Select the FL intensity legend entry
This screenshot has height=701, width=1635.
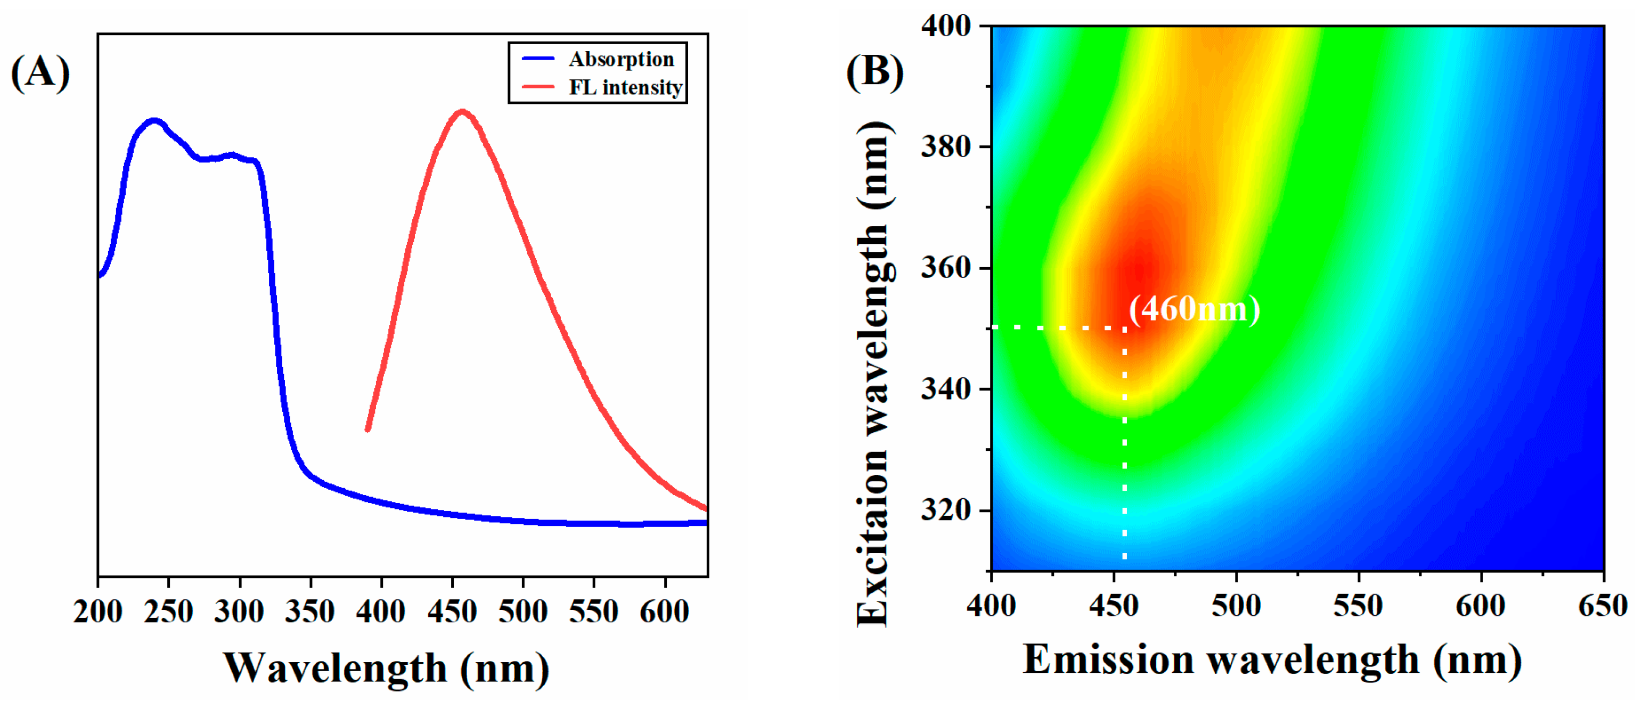(625, 87)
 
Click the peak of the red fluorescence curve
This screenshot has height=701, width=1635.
(462, 112)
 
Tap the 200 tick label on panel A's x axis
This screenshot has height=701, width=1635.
(98, 612)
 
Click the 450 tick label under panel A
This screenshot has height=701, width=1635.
(452, 612)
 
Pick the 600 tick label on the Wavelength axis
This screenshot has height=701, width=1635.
(664, 612)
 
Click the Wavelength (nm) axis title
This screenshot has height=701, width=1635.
(386, 668)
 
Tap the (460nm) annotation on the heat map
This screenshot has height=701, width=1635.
(1194, 309)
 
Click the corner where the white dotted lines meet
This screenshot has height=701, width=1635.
(1125, 328)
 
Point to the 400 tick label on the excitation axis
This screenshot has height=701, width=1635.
(946, 26)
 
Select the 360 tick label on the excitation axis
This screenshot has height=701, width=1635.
(946, 268)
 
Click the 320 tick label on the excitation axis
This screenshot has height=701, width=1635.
(946, 509)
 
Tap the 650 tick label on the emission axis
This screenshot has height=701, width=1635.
(1603, 605)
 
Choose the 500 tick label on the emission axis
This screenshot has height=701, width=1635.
(1236, 605)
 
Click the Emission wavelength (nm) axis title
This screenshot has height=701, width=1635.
(1272, 660)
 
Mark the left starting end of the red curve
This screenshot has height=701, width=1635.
(367, 430)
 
